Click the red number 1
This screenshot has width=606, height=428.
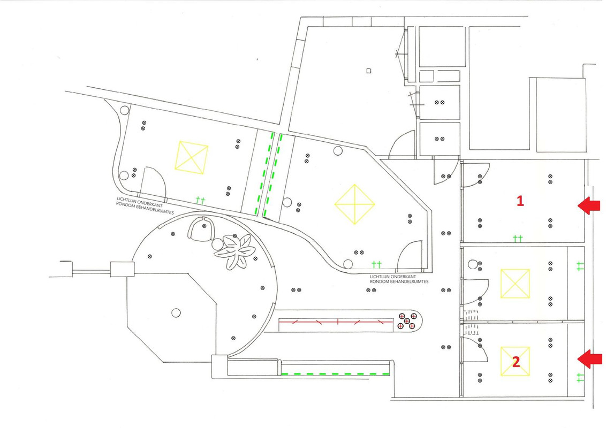click(520, 201)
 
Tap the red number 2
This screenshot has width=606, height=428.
click(516, 362)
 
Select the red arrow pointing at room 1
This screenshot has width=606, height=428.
click(589, 205)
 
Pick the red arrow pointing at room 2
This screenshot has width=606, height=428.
click(590, 359)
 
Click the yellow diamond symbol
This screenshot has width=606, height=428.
click(355, 204)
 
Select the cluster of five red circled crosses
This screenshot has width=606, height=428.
click(407, 321)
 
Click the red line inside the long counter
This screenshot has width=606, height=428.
click(336, 322)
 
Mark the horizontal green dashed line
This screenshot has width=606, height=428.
click(335, 374)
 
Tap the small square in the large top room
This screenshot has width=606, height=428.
click(369, 71)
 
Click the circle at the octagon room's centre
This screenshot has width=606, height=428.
click(176, 312)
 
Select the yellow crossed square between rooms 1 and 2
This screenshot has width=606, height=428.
click(515, 284)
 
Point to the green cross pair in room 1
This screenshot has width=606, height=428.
click(518, 239)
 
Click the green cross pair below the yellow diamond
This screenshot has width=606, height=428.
click(376, 265)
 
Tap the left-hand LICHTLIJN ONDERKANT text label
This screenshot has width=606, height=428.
click(140, 200)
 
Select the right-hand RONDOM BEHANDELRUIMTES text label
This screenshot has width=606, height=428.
click(399, 281)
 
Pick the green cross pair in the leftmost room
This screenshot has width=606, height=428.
click(200, 200)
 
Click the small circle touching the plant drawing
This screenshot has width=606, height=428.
click(217, 244)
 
